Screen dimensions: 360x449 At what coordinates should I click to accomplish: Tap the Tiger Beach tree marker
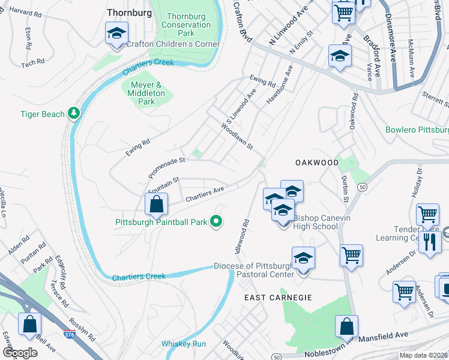coord(74,113)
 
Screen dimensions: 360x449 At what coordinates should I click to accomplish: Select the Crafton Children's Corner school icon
coord(116,34)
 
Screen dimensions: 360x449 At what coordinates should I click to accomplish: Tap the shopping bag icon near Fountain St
coord(156,204)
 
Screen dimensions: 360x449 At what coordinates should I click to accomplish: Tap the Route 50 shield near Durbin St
coord(362,188)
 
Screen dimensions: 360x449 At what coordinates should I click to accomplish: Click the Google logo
coord(21,352)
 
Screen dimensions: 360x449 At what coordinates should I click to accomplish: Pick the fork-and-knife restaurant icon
coord(429,241)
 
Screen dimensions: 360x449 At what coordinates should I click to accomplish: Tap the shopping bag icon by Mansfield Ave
coord(347,327)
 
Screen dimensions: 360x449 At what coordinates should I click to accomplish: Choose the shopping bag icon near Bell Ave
coord(29,325)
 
